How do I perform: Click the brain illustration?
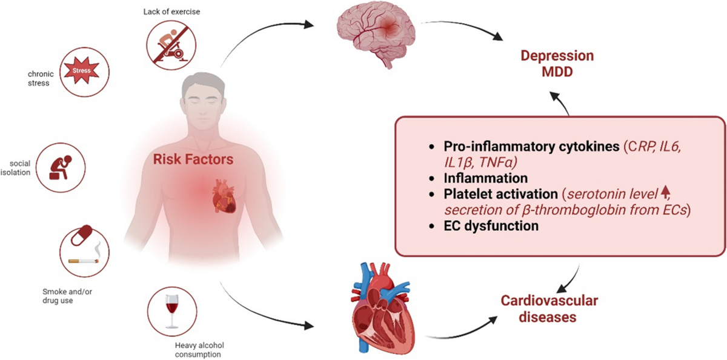[376, 36]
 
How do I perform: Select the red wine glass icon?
[171, 311]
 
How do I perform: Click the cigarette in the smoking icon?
[84, 261]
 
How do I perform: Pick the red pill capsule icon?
[81, 235]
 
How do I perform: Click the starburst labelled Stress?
[81, 70]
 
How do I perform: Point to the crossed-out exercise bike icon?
[171, 45]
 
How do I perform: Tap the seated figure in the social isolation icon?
[61, 167]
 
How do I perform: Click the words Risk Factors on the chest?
[193, 159]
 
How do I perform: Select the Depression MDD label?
[557, 64]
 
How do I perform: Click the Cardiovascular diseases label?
[549, 308]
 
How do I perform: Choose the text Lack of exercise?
[171, 12]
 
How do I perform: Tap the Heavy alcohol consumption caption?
[199, 350]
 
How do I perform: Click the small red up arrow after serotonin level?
[665, 192]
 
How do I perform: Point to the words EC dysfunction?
[491, 226]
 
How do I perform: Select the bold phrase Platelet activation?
[501, 194]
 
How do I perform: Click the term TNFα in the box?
[498, 162]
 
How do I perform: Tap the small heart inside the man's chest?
[224, 196]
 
